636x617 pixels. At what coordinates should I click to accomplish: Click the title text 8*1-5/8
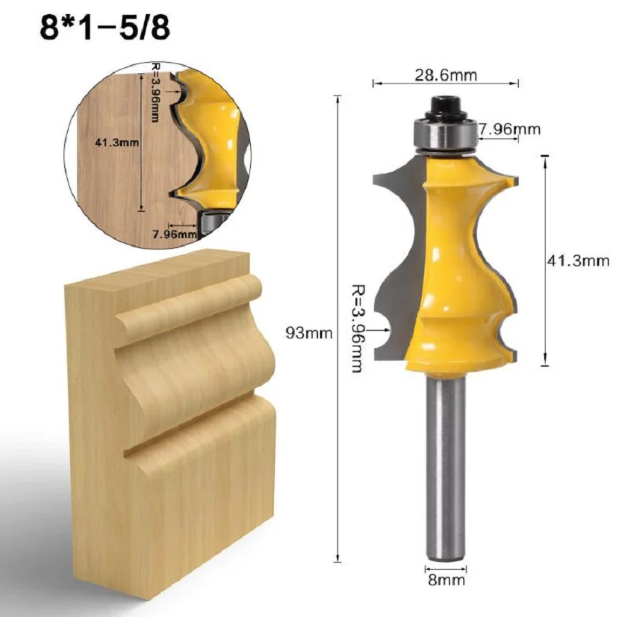click(105, 28)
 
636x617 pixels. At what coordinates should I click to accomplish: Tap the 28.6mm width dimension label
click(446, 75)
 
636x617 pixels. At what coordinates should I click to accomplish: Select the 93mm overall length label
click(309, 333)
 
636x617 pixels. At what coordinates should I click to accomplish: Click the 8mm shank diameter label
click(446, 580)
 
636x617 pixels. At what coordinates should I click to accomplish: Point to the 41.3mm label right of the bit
click(578, 261)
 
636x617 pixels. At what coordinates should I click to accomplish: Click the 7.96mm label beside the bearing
click(510, 129)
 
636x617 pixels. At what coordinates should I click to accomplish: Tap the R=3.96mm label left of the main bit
click(357, 329)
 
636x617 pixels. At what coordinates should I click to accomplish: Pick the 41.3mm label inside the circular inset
click(117, 142)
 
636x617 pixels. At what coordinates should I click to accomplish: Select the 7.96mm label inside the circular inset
click(175, 234)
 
